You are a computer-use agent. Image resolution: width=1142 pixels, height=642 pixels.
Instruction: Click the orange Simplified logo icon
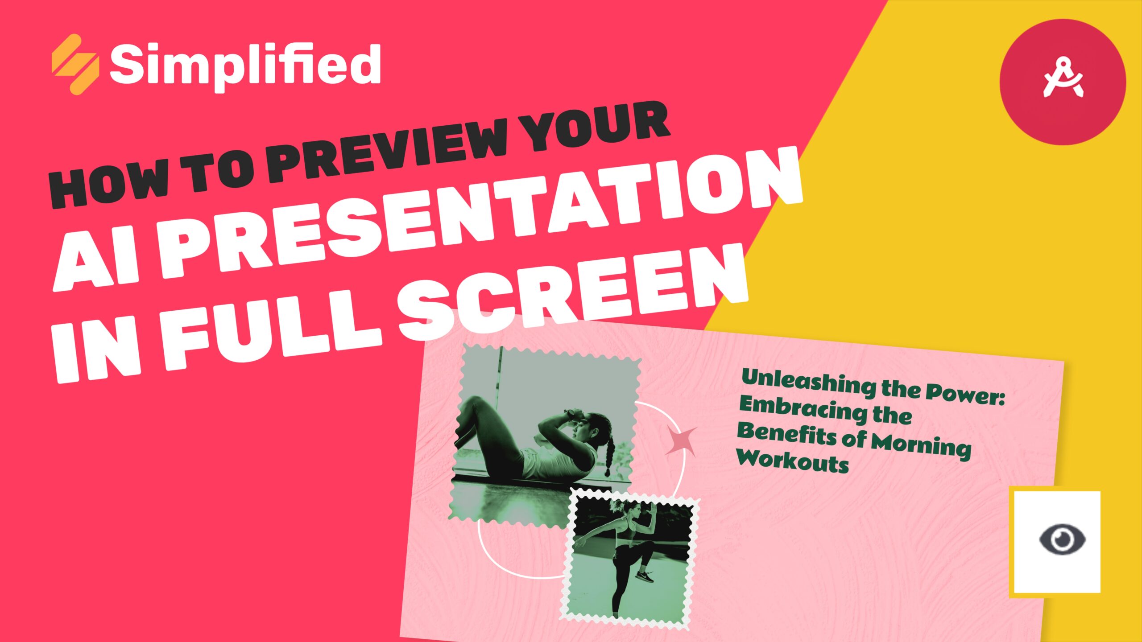click(x=75, y=65)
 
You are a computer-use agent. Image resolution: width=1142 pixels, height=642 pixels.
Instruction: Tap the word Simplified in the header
click(x=245, y=67)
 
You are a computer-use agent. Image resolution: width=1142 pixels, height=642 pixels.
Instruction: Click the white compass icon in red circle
click(x=1063, y=82)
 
